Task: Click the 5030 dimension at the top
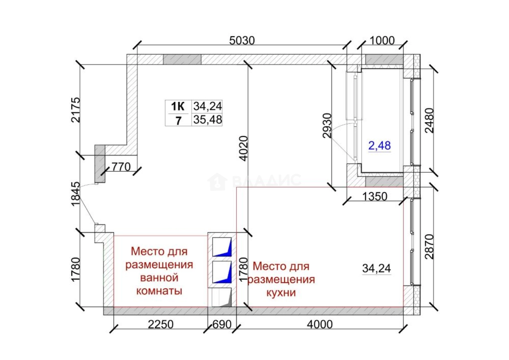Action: (242, 41)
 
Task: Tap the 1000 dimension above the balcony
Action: (382, 41)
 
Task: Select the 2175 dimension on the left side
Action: (75, 110)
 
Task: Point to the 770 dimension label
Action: (121, 167)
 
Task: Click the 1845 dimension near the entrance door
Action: (75, 194)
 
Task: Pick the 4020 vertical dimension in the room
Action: (244, 149)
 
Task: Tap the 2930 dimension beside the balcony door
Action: (327, 125)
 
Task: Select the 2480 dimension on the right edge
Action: (429, 121)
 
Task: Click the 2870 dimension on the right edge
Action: (429, 247)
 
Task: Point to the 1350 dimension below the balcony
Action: (375, 196)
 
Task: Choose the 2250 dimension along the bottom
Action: (161, 325)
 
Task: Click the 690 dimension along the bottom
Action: (222, 325)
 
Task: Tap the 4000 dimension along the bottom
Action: (320, 325)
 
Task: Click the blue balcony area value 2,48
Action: (380, 146)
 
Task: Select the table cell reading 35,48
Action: (207, 120)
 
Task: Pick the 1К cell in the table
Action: (178, 106)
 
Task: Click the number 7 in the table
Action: (178, 121)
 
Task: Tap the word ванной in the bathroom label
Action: (159, 278)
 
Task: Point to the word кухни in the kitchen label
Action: (281, 293)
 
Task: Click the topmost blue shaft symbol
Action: (222, 247)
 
